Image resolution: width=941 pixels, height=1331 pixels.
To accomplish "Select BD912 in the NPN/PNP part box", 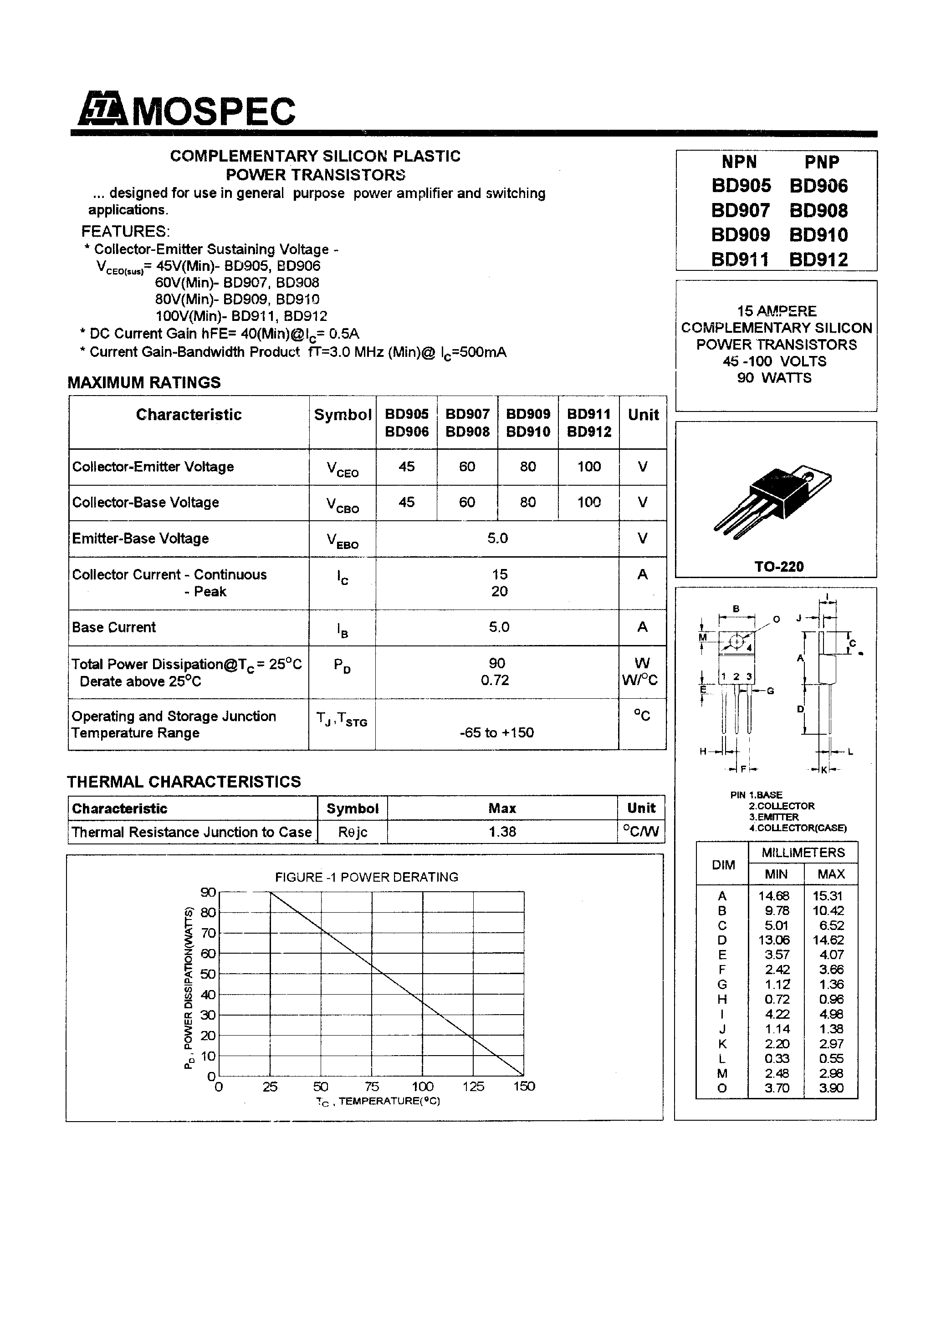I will coord(818,260).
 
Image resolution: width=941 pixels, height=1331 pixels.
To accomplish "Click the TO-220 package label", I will coord(778,566).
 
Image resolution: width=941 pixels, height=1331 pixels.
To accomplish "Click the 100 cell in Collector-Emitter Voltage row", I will coord(588,467).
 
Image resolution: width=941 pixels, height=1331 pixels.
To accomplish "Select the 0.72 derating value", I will coord(494,680).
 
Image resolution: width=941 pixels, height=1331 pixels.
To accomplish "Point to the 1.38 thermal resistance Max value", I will coord(502,832).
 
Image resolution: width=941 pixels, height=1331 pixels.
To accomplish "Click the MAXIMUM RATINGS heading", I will coord(144,383).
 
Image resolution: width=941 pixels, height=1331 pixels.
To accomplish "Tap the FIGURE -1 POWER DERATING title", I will coord(366,877).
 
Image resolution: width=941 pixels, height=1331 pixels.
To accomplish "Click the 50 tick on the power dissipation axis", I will coord(207,974).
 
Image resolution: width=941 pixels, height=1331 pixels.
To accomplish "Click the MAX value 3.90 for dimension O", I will coord(831,1088).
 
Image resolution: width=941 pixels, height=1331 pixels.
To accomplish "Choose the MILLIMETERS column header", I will coord(803,853).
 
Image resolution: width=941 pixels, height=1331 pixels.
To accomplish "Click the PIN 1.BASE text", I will coord(756,795).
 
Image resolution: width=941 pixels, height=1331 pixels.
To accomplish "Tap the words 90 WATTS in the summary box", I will coord(774,378).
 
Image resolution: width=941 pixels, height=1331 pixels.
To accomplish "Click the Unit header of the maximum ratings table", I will coord(643,415).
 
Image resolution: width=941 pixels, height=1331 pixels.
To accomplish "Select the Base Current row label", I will coord(114,627).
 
